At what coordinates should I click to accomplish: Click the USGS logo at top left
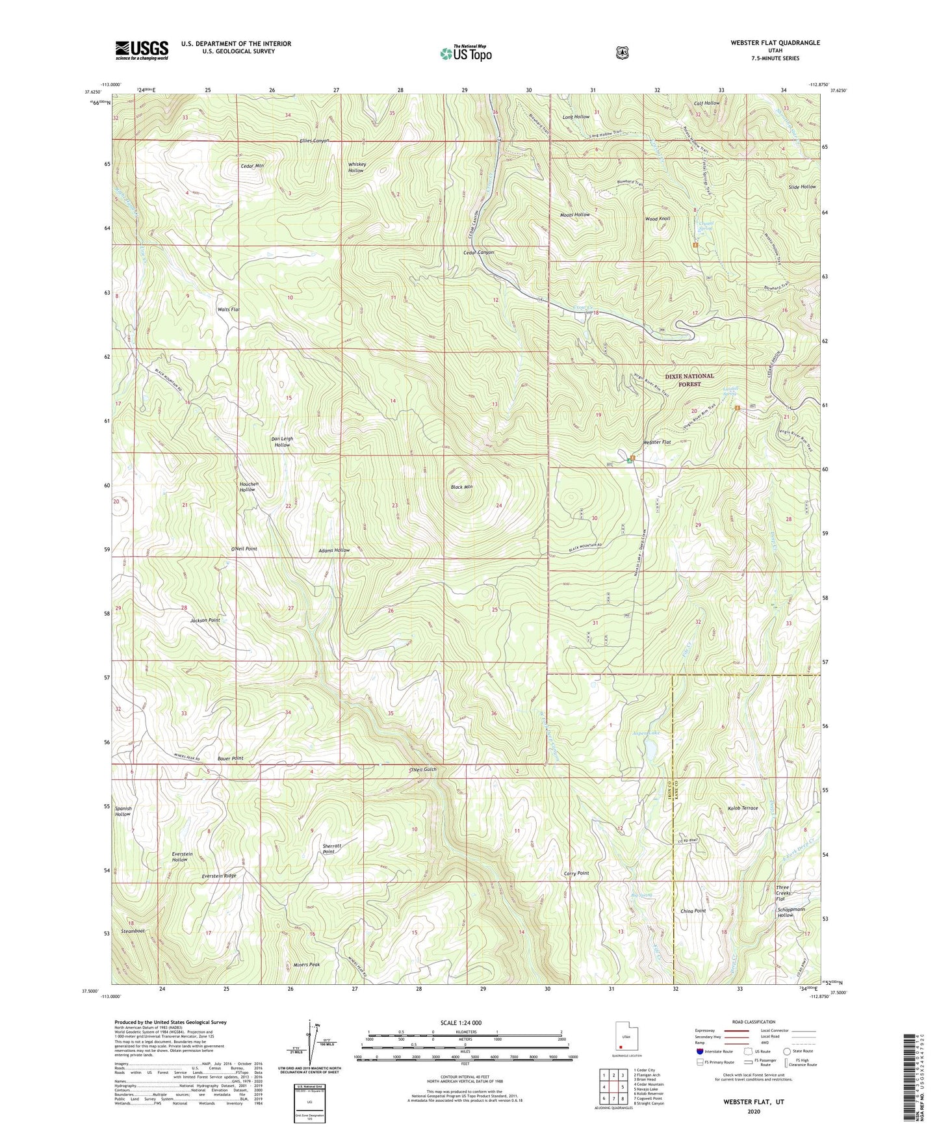tap(142, 49)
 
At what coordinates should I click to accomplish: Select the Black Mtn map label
tap(461, 486)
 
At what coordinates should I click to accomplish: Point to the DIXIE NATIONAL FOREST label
tap(689, 380)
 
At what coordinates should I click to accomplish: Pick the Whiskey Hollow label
tap(357, 167)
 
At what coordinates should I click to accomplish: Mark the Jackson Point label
tap(205, 620)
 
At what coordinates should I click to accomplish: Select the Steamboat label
tap(133, 931)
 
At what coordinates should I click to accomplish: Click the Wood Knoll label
tap(657, 219)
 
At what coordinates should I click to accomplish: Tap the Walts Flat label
tap(229, 309)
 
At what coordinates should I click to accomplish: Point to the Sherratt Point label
tap(333, 849)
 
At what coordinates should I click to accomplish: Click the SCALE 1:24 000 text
tap(461, 1023)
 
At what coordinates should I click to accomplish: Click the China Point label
tap(693, 911)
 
